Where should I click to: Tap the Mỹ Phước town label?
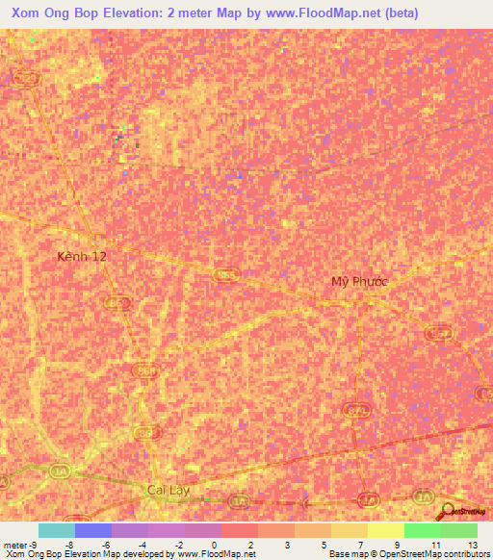coord(359,282)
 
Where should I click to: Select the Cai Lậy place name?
coord(169,491)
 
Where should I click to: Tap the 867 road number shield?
coord(438,332)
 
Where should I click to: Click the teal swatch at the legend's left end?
coord(57,530)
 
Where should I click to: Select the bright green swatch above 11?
coord(422,530)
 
